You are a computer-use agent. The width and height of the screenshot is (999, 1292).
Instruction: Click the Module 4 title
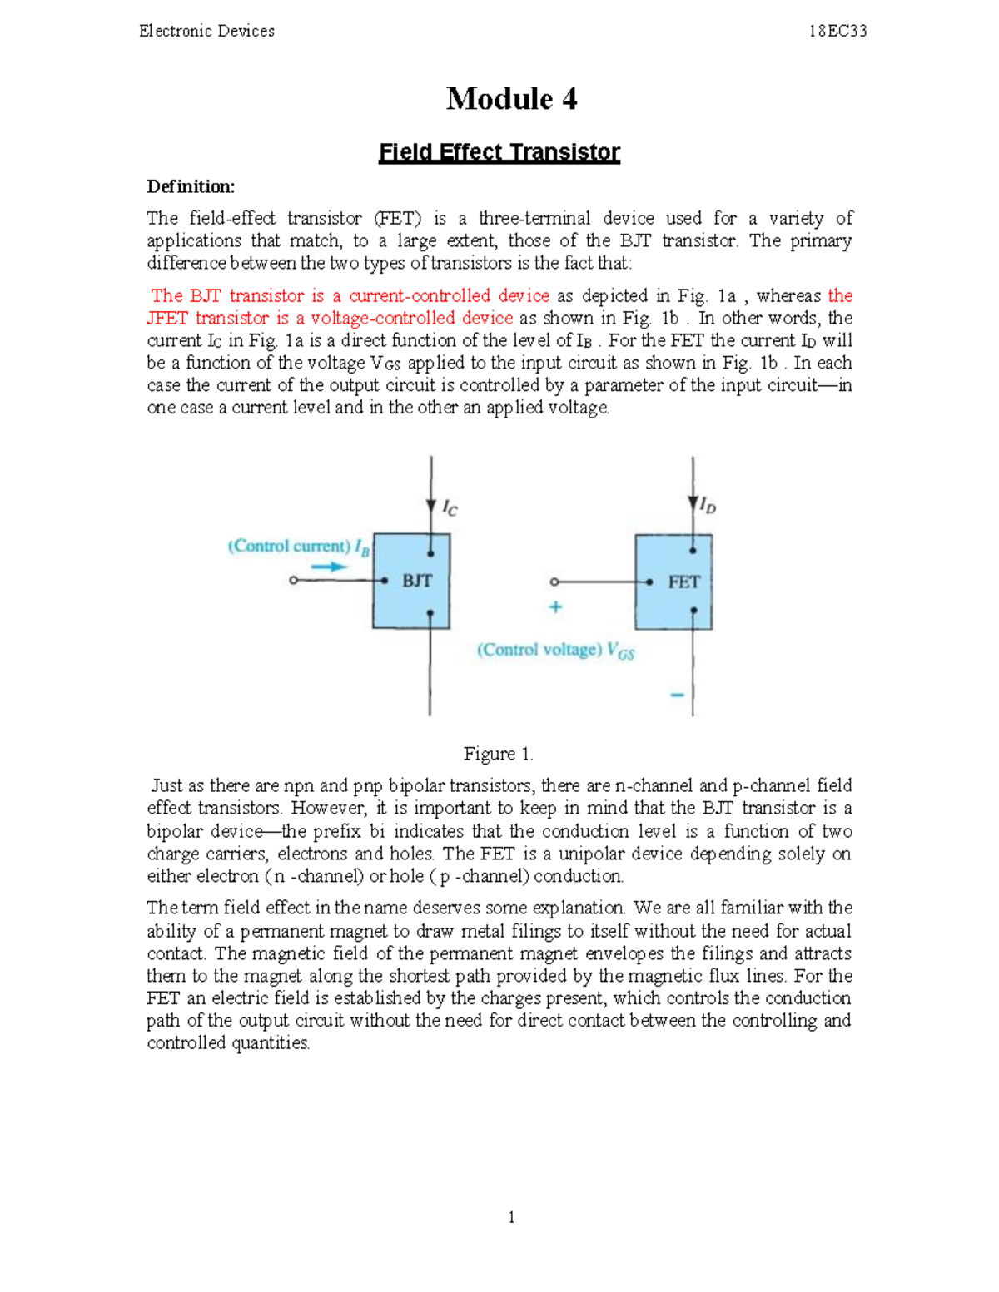coord(511,99)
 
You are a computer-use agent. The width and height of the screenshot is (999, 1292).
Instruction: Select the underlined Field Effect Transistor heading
coord(499,152)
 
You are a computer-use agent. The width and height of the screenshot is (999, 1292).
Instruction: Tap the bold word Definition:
coord(191,186)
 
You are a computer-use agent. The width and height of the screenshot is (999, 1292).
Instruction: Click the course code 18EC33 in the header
coord(837,32)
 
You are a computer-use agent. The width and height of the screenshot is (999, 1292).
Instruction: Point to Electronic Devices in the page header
coord(206,32)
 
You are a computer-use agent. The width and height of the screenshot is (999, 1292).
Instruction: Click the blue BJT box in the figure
coord(411,581)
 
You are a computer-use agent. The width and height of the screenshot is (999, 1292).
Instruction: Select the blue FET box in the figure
coord(674,582)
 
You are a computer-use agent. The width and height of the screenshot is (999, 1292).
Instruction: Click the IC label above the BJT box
coord(450,507)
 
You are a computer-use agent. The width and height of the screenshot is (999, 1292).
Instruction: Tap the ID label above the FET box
coord(708,505)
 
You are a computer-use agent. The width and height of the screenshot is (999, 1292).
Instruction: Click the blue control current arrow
coord(330,567)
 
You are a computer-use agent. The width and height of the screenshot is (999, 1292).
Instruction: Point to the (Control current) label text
coord(289,547)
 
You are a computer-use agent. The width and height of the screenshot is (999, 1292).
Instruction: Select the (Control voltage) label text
coord(539,650)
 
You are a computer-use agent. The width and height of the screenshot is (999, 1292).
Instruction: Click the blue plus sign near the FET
coord(555,607)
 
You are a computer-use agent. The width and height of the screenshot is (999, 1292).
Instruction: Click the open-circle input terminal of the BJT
coord(293,580)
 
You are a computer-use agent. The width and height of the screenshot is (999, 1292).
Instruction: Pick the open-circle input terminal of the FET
coord(555,582)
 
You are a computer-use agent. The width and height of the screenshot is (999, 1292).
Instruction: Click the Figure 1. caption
coord(498,754)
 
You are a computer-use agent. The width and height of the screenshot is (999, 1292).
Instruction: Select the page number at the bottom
coord(511,1217)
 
